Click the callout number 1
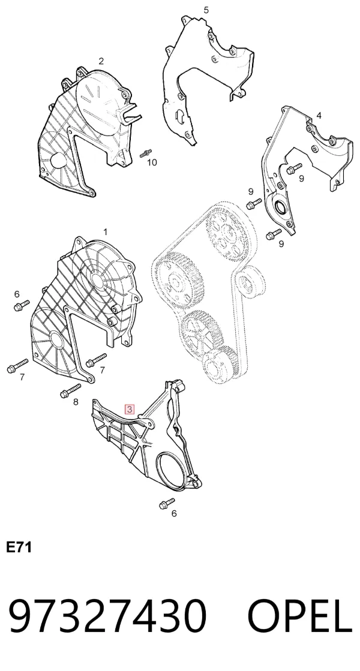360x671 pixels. click(x=106, y=232)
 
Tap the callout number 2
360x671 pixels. click(x=101, y=61)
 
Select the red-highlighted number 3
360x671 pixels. click(x=129, y=409)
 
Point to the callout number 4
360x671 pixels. click(x=319, y=116)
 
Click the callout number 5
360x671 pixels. click(x=206, y=10)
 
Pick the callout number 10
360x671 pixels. click(x=152, y=162)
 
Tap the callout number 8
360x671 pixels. click(x=76, y=402)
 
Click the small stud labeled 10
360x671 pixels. click(x=146, y=152)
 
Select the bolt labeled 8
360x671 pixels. click(x=71, y=391)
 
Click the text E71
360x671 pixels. click(x=19, y=547)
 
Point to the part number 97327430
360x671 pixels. click(x=107, y=616)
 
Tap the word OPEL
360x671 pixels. click(x=301, y=616)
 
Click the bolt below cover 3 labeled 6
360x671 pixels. click(x=167, y=503)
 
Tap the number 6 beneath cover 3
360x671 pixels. click(x=174, y=513)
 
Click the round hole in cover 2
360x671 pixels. click(x=57, y=160)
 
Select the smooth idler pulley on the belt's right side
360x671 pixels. click(x=248, y=283)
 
